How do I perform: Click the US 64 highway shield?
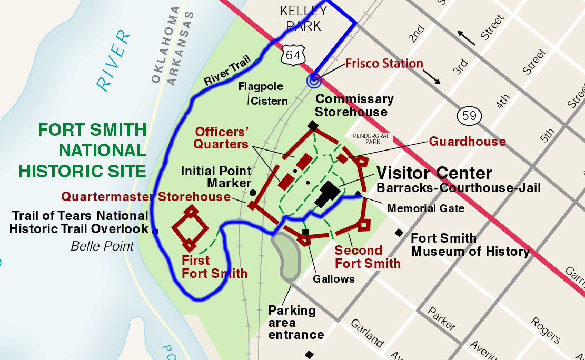click(x=293, y=55)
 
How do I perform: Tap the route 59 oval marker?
click(x=467, y=115)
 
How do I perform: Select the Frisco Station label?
click(x=384, y=64)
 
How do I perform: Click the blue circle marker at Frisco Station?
click(x=314, y=80)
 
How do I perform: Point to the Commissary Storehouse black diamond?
click(x=313, y=125)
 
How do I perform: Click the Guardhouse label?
click(x=467, y=141)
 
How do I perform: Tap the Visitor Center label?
click(x=434, y=173)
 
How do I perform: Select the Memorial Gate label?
click(x=426, y=208)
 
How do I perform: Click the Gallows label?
click(x=334, y=278)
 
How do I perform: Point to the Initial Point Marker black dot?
click(x=253, y=193)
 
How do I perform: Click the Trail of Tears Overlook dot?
click(x=155, y=231)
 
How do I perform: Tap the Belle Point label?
click(x=102, y=246)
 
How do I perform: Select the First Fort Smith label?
click(x=214, y=267)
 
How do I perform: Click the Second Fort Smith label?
click(x=368, y=257)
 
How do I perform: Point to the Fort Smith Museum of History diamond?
click(x=400, y=233)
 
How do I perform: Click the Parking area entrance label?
click(x=296, y=322)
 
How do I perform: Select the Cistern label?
click(x=269, y=101)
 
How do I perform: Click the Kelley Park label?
click(x=303, y=18)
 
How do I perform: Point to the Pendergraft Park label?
click(x=373, y=138)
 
